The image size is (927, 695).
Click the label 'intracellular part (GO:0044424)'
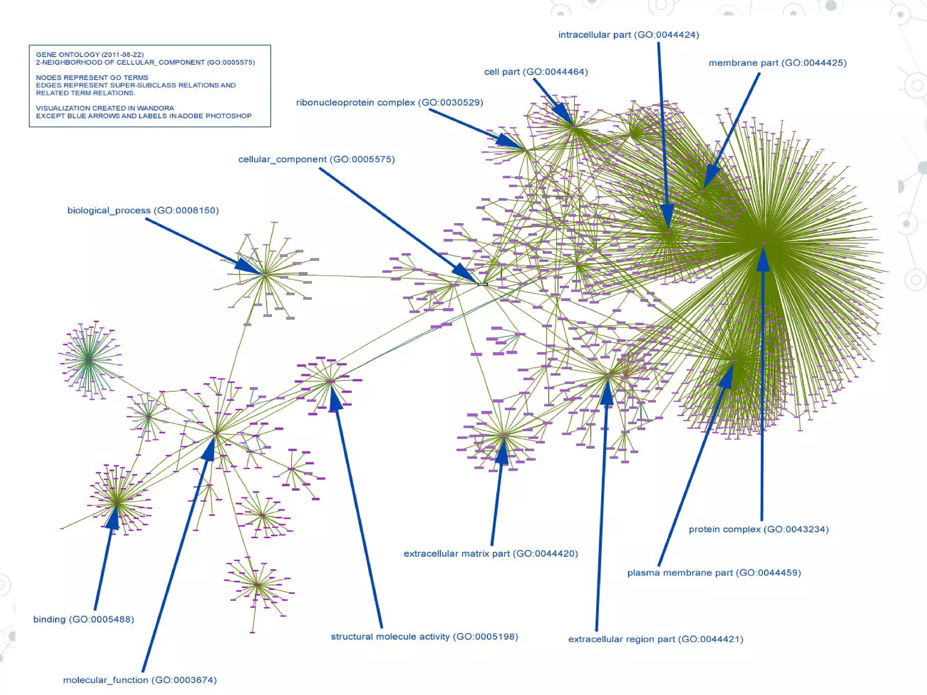pos(628,35)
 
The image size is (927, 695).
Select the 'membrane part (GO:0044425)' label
pos(777,63)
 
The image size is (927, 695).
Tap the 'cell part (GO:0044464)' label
pos(536,72)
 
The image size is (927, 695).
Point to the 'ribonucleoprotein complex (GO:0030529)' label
pos(389,103)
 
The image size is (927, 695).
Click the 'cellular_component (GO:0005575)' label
pos(316,159)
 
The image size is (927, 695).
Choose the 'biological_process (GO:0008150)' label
pos(143,210)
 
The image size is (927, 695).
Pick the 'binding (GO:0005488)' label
pos(84,619)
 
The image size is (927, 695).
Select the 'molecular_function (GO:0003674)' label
pos(140,680)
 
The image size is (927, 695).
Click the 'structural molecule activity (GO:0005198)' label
pos(424,637)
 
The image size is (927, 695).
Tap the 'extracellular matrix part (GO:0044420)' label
pos(491,553)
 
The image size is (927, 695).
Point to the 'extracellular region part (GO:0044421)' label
pos(655,639)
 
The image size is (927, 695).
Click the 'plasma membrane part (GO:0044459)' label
pos(714,573)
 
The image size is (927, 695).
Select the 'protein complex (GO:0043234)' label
pos(759,529)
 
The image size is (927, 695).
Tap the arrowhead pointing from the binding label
pos(113,518)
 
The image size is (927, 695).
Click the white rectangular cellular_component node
pos(483,284)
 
